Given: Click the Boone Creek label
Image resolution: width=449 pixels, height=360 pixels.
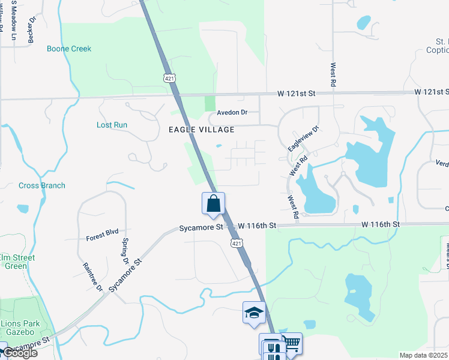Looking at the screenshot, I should pyautogui.click(x=69, y=49).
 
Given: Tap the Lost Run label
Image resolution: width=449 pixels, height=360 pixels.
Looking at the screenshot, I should pyautogui.click(x=112, y=125).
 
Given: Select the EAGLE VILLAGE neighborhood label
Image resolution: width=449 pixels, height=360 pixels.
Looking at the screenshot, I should pyautogui.click(x=193, y=129).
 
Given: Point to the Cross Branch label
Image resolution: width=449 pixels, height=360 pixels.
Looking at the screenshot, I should pyautogui.click(x=42, y=185).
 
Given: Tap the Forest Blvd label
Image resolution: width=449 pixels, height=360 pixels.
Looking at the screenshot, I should pyautogui.click(x=102, y=231).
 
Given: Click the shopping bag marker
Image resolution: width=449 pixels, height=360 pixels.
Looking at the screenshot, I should pyautogui.click(x=213, y=204).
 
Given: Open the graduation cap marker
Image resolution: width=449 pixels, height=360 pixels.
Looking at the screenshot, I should pyautogui.click(x=254, y=313).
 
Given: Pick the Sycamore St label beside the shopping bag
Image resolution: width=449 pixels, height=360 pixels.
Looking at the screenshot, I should pyautogui.click(x=201, y=227).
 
